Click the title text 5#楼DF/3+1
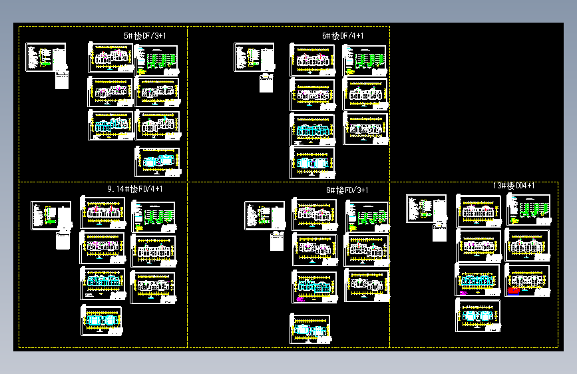click(x=144, y=35)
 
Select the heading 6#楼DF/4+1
click(x=343, y=35)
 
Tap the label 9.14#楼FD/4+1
click(x=135, y=189)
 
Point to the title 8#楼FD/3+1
click(x=347, y=190)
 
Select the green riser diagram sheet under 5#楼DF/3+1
click(x=157, y=60)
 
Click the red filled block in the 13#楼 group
click(x=514, y=290)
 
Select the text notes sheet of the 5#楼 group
click(x=46, y=57)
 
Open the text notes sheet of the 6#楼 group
click(x=254, y=57)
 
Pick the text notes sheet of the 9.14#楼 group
click(x=51, y=216)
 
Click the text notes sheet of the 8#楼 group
click(x=264, y=216)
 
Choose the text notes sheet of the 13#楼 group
click(x=426, y=208)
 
